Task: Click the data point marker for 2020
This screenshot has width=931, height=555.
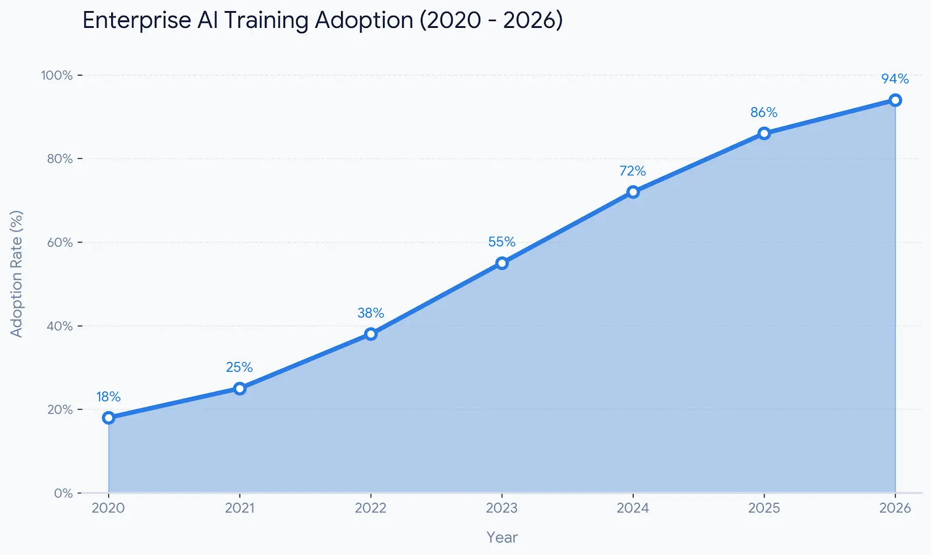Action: pyautogui.click(x=108, y=418)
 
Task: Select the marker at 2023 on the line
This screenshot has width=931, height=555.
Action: pyautogui.click(x=502, y=263)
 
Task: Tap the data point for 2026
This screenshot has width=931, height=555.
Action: pyautogui.click(x=895, y=100)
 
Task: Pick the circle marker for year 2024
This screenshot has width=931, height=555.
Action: pyautogui.click(x=632, y=192)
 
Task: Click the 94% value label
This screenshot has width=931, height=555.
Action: pyautogui.click(x=894, y=79)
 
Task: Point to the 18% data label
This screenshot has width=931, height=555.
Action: pyautogui.click(x=108, y=397)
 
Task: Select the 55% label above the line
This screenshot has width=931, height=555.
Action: pyautogui.click(x=502, y=241)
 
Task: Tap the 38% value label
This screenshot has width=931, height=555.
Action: pyautogui.click(x=371, y=313)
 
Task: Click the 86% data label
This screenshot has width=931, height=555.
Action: pyautogui.click(x=763, y=112)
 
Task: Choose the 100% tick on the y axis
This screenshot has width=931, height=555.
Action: pyautogui.click(x=56, y=75)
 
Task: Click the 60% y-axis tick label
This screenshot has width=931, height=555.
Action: pyautogui.click(x=59, y=242)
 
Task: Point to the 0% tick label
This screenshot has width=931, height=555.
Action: pyautogui.click(x=63, y=493)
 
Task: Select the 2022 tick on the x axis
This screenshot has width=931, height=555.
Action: pyautogui.click(x=371, y=508)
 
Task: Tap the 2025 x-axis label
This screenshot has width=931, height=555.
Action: pyautogui.click(x=763, y=508)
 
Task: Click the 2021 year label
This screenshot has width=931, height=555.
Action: pyautogui.click(x=240, y=508)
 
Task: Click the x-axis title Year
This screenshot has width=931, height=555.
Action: pyautogui.click(x=502, y=537)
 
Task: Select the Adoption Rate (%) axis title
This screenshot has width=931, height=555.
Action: pyautogui.click(x=16, y=273)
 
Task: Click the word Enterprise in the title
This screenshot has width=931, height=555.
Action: pyautogui.click(x=137, y=21)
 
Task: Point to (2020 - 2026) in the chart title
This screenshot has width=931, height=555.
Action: pyautogui.click(x=491, y=20)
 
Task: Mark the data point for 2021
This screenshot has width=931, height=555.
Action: pyautogui.click(x=240, y=388)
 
